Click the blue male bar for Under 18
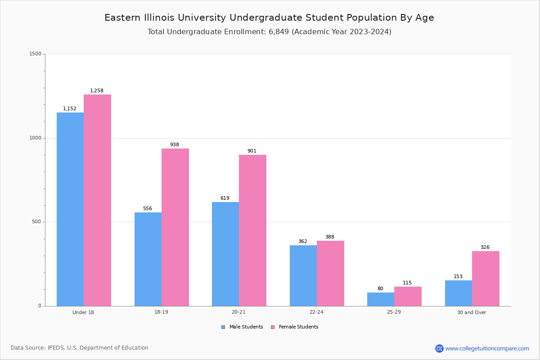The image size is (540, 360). pyautogui.click(x=70, y=209)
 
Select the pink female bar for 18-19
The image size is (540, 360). pyautogui.click(x=175, y=227)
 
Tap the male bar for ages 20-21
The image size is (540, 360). pyautogui.click(x=225, y=254)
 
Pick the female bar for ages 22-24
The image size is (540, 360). pyautogui.click(x=330, y=273)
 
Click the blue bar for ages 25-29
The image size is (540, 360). pyautogui.click(x=381, y=299)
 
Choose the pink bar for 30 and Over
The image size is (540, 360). pyautogui.click(x=486, y=279)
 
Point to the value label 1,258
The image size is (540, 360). pyautogui.click(x=97, y=91)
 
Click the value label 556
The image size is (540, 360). pyautogui.click(x=148, y=209)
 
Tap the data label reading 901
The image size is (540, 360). pyautogui.click(x=252, y=151)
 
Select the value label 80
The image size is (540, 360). pyautogui.click(x=380, y=289)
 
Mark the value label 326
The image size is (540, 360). pyautogui.click(x=485, y=247)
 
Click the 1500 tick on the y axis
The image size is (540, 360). pyautogui.click(x=35, y=54)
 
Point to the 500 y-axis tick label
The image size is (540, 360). pyautogui.click(x=36, y=222)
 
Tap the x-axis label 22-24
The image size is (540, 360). pyautogui.click(x=316, y=312)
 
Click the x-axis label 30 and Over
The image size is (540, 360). pyautogui.click(x=472, y=312)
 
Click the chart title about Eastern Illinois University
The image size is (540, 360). pyautogui.click(x=269, y=18)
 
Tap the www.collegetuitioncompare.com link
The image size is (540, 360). pyautogui.click(x=487, y=348)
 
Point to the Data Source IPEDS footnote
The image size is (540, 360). pyautogui.click(x=80, y=348)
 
